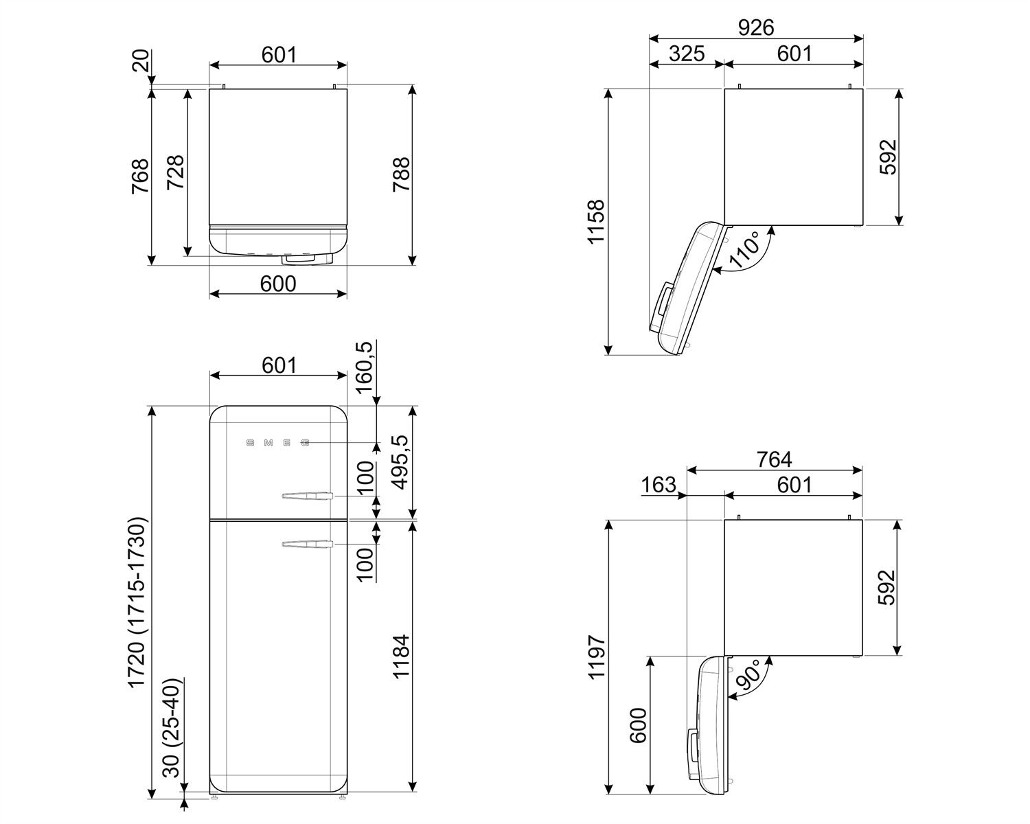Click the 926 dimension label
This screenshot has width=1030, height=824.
[x=755, y=27]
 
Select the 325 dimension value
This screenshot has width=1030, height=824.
[x=687, y=54]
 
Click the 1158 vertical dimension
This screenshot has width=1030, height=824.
[x=596, y=221]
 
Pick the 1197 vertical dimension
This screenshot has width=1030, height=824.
[x=596, y=657]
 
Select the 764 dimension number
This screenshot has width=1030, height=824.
[x=774, y=459]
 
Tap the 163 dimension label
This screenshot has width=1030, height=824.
[x=659, y=485]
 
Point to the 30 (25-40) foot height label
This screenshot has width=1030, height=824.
[x=172, y=728]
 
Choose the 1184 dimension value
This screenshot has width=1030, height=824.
[x=400, y=657]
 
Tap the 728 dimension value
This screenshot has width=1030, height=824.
[x=174, y=174]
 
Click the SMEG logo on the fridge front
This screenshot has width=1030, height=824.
[x=277, y=443]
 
